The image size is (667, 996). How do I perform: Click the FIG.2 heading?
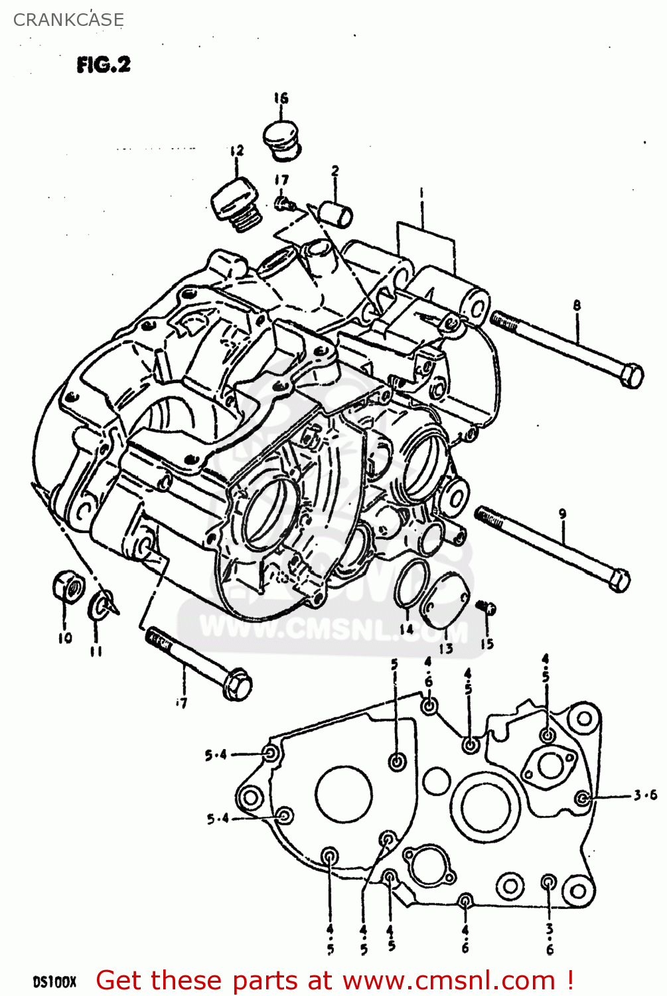click(x=104, y=64)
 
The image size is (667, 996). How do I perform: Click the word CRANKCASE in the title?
click(x=68, y=20)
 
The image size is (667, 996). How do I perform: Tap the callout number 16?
click(x=281, y=98)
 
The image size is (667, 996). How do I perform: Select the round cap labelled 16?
click(x=282, y=140)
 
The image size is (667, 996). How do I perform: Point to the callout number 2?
click(x=335, y=171)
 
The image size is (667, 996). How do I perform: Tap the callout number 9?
click(x=562, y=513)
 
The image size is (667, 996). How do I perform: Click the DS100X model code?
click(x=54, y=981)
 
